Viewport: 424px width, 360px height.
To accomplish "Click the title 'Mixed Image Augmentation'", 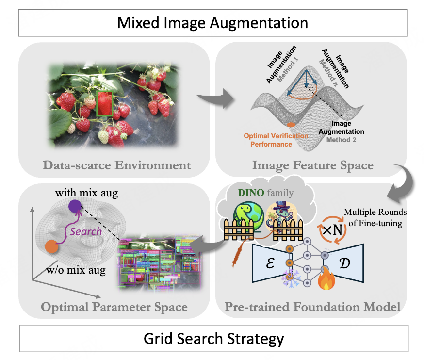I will (212, 22).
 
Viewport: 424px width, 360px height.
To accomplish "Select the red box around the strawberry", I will (105, 103).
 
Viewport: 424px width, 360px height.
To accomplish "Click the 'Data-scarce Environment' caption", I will (116, 165).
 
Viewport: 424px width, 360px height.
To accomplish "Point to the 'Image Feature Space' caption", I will (312, 165).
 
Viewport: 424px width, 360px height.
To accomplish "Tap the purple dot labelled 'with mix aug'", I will (75, 206).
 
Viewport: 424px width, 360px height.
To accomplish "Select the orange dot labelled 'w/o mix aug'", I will (52, 246).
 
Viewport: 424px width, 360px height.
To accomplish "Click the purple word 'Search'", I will (86, 231).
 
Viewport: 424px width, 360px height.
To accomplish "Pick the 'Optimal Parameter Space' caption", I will (114, 307).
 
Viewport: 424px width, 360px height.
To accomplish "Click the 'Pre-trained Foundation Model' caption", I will (312, 307).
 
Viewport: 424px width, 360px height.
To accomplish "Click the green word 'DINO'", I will (251, 193).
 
